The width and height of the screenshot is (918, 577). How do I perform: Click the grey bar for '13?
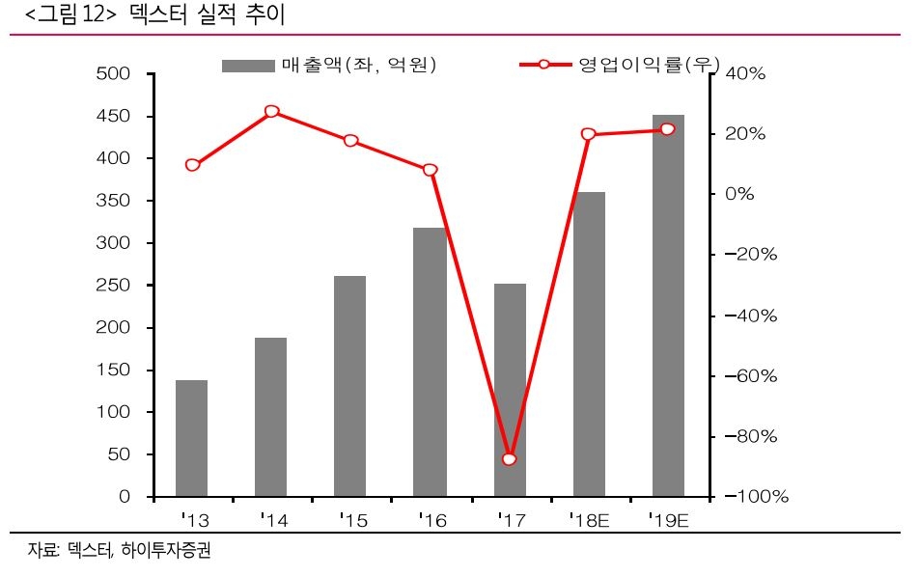(x=191, y=438)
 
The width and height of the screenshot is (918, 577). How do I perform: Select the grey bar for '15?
(x=350, y=386)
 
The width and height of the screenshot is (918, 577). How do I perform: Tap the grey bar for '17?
(x=510, y=390)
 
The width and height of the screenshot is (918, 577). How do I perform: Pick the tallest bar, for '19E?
(x=668, y=306)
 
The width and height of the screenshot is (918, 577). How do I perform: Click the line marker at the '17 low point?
(x=510, y=459)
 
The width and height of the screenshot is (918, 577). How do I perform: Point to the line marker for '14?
(x=271, y=112)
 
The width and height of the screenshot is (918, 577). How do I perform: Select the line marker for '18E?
(x=589, y=134)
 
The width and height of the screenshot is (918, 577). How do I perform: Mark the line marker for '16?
(x=431, y=170)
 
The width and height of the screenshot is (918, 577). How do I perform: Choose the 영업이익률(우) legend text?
(x=649, y=66)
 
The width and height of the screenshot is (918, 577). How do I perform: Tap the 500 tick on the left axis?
(x=116, y=74)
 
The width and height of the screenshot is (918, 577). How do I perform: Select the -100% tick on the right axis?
(x=753, y=497)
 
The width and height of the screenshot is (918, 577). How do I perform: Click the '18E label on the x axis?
(x=588, y=522)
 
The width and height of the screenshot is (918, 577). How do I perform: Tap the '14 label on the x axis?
(x=273, y=522)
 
